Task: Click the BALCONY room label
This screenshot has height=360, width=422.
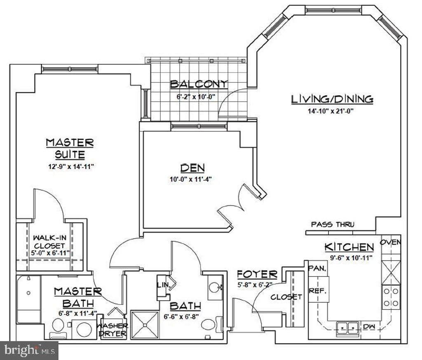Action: click(199, 84)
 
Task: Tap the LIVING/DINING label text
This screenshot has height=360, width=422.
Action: click(332, 99)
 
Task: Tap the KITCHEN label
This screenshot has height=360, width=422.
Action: click(349, 247)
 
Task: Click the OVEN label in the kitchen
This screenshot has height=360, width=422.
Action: click(390, 242)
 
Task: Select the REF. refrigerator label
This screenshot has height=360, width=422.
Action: click(318, 291)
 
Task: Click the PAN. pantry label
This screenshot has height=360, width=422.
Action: click(317, 268)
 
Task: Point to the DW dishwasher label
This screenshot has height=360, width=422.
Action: click(369, 327)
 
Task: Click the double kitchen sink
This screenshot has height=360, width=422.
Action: click(347, 328)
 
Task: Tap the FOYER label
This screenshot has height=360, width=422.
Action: click(257, 274)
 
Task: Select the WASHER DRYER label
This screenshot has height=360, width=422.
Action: click(111, 329)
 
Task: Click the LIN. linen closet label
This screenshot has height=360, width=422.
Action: click(161, 285)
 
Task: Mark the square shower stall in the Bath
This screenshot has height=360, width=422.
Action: click(144, 325)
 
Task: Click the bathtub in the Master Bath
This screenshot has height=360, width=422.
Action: click(28, 299)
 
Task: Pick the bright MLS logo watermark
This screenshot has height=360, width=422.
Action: click(29, 351)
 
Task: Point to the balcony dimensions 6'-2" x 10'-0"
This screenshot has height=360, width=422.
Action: click(196, 97)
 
